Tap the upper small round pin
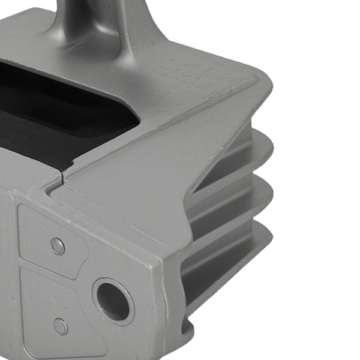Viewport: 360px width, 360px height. point(58,245)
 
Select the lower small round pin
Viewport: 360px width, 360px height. point(61,326)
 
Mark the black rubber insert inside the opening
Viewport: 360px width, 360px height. point(54,114)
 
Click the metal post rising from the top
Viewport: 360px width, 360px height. point(90,24)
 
